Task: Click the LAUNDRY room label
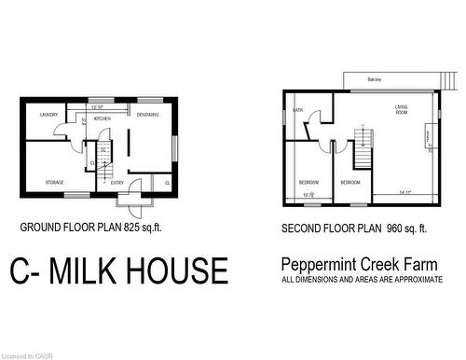click(48, 115)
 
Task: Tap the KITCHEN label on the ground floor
click(103, 118)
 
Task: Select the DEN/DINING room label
click(147, 114)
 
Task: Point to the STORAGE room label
click(55, 182)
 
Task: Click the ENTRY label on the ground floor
click(117, 182)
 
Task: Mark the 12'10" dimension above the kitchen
click(97, 107)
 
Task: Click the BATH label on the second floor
click(298, 110)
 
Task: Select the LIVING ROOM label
click(403, 111)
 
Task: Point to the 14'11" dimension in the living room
click(404, 193)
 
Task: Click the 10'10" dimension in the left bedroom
click(308, 194)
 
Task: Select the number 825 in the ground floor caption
click(122, 227)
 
